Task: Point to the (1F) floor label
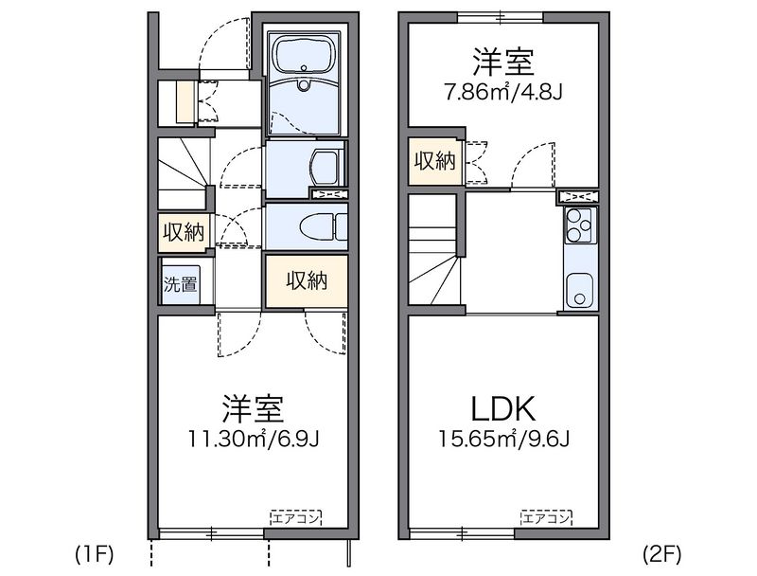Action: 95,552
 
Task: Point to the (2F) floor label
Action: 661,552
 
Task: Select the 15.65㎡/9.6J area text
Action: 503,440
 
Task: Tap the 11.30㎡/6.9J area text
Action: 252,440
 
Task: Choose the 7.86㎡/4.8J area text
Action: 503,94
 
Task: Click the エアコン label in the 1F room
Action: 295,517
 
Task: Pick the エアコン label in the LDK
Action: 547,517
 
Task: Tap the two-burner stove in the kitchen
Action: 577,225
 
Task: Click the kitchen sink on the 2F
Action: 577,290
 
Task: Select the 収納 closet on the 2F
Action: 434,161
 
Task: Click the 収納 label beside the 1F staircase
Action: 183,232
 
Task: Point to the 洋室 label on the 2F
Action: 503,62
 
